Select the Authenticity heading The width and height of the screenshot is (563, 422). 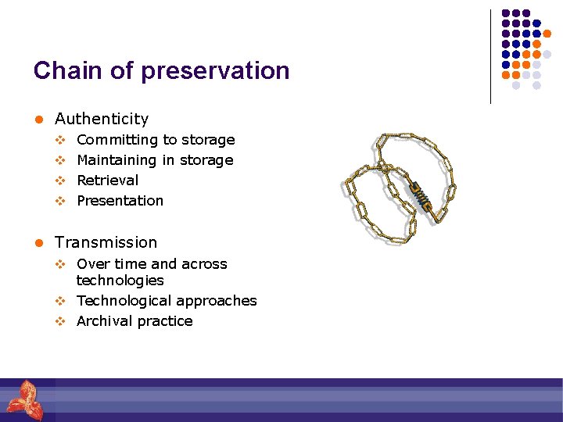[101, 119]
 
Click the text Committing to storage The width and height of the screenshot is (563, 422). [156, 140]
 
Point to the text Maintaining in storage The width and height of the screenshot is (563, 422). [155, 160]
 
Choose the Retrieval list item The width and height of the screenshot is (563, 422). [107, 181]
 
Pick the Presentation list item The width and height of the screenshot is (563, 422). [120, 201]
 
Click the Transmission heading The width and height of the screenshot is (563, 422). [106, 242]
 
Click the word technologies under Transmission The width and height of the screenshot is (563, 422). [120, 281]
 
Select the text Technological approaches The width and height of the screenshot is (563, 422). [167, 301]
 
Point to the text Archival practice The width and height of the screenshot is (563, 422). [134, 321]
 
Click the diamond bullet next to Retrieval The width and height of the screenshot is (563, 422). [59, 181]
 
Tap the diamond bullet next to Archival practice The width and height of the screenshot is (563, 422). [59, 321]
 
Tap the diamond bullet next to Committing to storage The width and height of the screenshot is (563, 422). [59, 140]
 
